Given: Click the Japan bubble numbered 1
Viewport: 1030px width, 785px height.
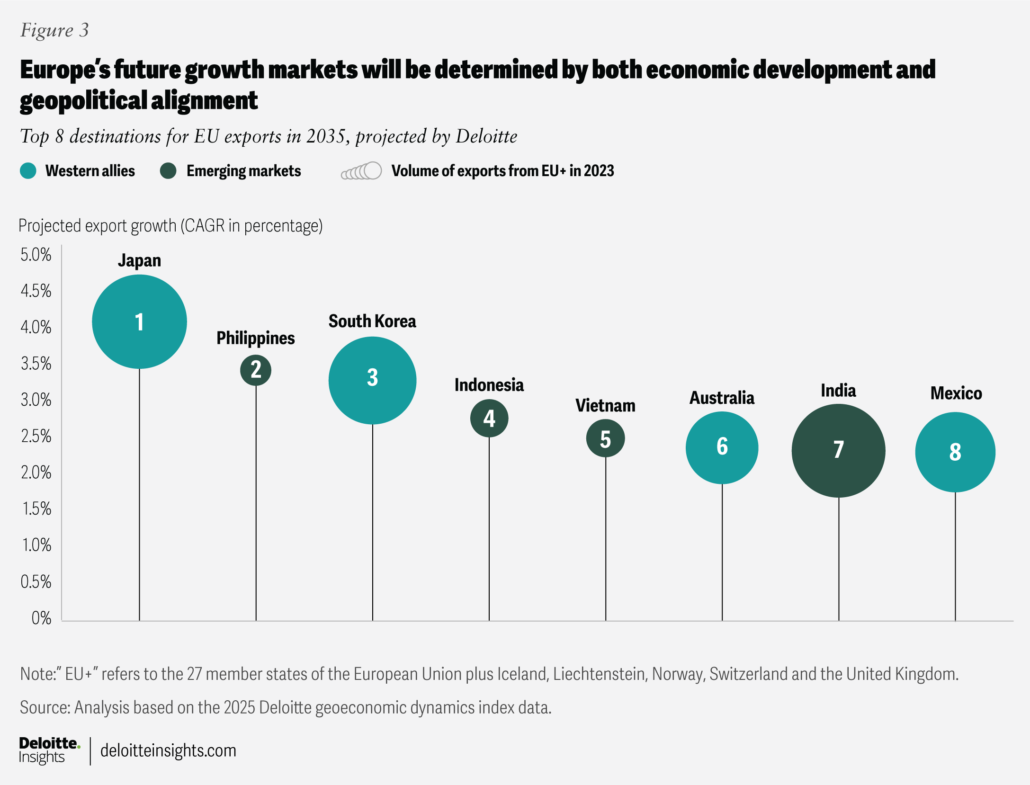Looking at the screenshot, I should (139, 321).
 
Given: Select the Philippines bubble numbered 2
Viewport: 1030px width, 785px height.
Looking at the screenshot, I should (256, 370).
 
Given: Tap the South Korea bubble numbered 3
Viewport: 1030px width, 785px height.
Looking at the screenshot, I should (372, 380).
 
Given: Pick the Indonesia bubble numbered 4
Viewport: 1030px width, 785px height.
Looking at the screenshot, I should (489, 418).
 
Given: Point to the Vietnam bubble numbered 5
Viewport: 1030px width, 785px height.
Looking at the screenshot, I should (605, 438).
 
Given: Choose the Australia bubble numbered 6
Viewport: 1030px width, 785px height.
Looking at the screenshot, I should (722, 447).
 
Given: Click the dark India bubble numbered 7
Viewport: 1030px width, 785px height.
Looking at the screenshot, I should (838, 450).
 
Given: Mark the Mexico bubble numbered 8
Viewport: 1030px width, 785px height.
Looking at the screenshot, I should (955, 452).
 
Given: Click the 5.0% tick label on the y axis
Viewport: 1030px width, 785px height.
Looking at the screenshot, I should (36, 255).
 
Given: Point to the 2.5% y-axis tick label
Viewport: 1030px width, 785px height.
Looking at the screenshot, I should (36, 436).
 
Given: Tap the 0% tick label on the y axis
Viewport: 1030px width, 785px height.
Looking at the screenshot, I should (41, 618).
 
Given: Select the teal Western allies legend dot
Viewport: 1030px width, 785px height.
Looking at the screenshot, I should (28, 171).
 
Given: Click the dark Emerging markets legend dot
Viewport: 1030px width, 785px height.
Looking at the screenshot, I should (168, 171).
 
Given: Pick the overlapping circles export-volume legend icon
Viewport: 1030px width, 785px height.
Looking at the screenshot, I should (362, 171).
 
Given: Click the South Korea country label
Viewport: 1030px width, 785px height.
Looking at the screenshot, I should (372, 321).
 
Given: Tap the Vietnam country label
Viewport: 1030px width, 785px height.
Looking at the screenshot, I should (605, 406).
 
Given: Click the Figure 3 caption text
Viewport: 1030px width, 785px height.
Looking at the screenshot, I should (54, 30).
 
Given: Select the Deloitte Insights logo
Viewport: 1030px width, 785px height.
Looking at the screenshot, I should (49, 750).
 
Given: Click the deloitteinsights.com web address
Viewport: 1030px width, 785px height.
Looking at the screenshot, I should (168, 750).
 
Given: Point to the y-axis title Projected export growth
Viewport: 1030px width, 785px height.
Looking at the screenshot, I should (170, 226).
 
